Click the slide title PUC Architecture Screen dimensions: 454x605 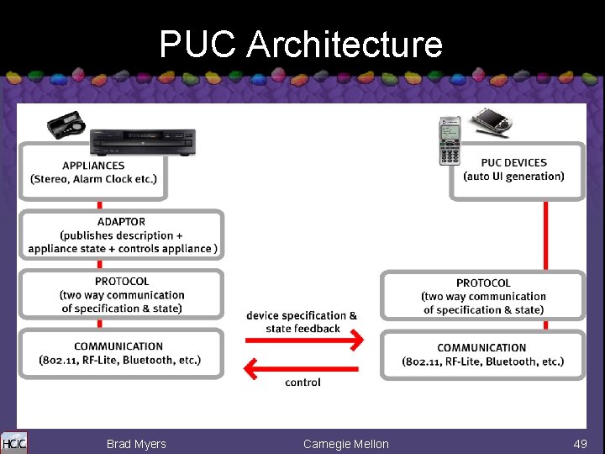pos(301,44)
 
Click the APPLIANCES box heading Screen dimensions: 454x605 pos(93,166)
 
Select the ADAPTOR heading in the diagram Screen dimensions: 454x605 pos(121,222)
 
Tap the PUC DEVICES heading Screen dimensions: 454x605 pos(513,162)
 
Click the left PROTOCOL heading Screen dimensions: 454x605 pos(122,282)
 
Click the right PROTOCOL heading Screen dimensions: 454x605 pos(483,283)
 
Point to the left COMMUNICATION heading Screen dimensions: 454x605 pos(118,346)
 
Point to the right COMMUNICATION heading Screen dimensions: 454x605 pos(481,348)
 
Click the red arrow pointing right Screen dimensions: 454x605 pos(304,340)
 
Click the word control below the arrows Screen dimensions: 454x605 pos(302,383)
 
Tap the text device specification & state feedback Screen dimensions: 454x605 pos(302,322)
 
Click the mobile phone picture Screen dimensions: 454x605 pos(450,140)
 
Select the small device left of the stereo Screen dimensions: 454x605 pos(66,127)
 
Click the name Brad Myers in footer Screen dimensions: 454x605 pos(136,444)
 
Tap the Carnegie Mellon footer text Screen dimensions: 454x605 pos(345,444)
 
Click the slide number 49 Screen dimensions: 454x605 pos(580,444)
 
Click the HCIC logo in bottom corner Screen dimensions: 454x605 pos(13,443)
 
